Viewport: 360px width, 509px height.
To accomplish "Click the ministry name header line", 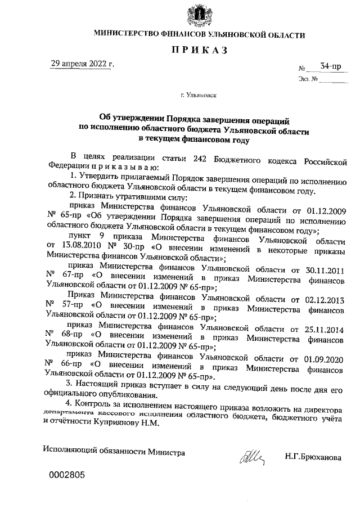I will tap(199, 35).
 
